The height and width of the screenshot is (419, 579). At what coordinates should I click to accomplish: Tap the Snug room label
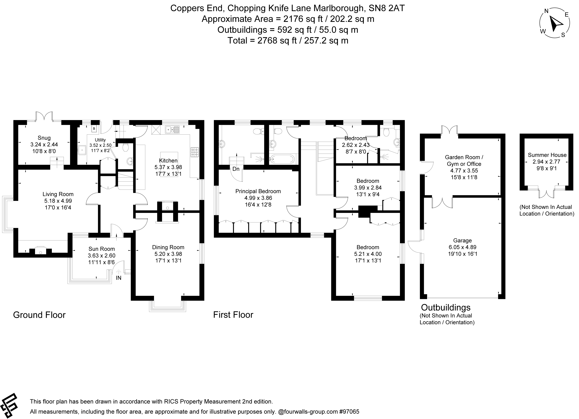click(x=44, y=138)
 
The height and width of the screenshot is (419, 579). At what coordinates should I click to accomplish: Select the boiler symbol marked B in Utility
click(x=94, y=128)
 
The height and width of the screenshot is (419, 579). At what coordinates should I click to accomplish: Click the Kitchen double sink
click(x=173, y=130)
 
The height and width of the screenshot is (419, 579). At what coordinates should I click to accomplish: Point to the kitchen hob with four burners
click(x=195, y=152)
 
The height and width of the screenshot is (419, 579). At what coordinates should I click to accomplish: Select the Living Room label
click(x=58, y=194)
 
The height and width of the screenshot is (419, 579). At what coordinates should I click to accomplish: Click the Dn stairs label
click(x=236, y=169)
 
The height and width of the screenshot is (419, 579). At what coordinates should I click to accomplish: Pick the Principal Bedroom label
click(x=258, y=191)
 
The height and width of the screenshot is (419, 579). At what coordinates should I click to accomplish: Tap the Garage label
click(x=462, y=240)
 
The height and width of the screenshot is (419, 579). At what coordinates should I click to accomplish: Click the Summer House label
click(x=547, y=155)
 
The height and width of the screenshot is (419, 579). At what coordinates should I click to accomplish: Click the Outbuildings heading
click(x=446, y=307)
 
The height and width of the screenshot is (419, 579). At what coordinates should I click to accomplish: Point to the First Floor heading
click(x=233, y=315)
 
